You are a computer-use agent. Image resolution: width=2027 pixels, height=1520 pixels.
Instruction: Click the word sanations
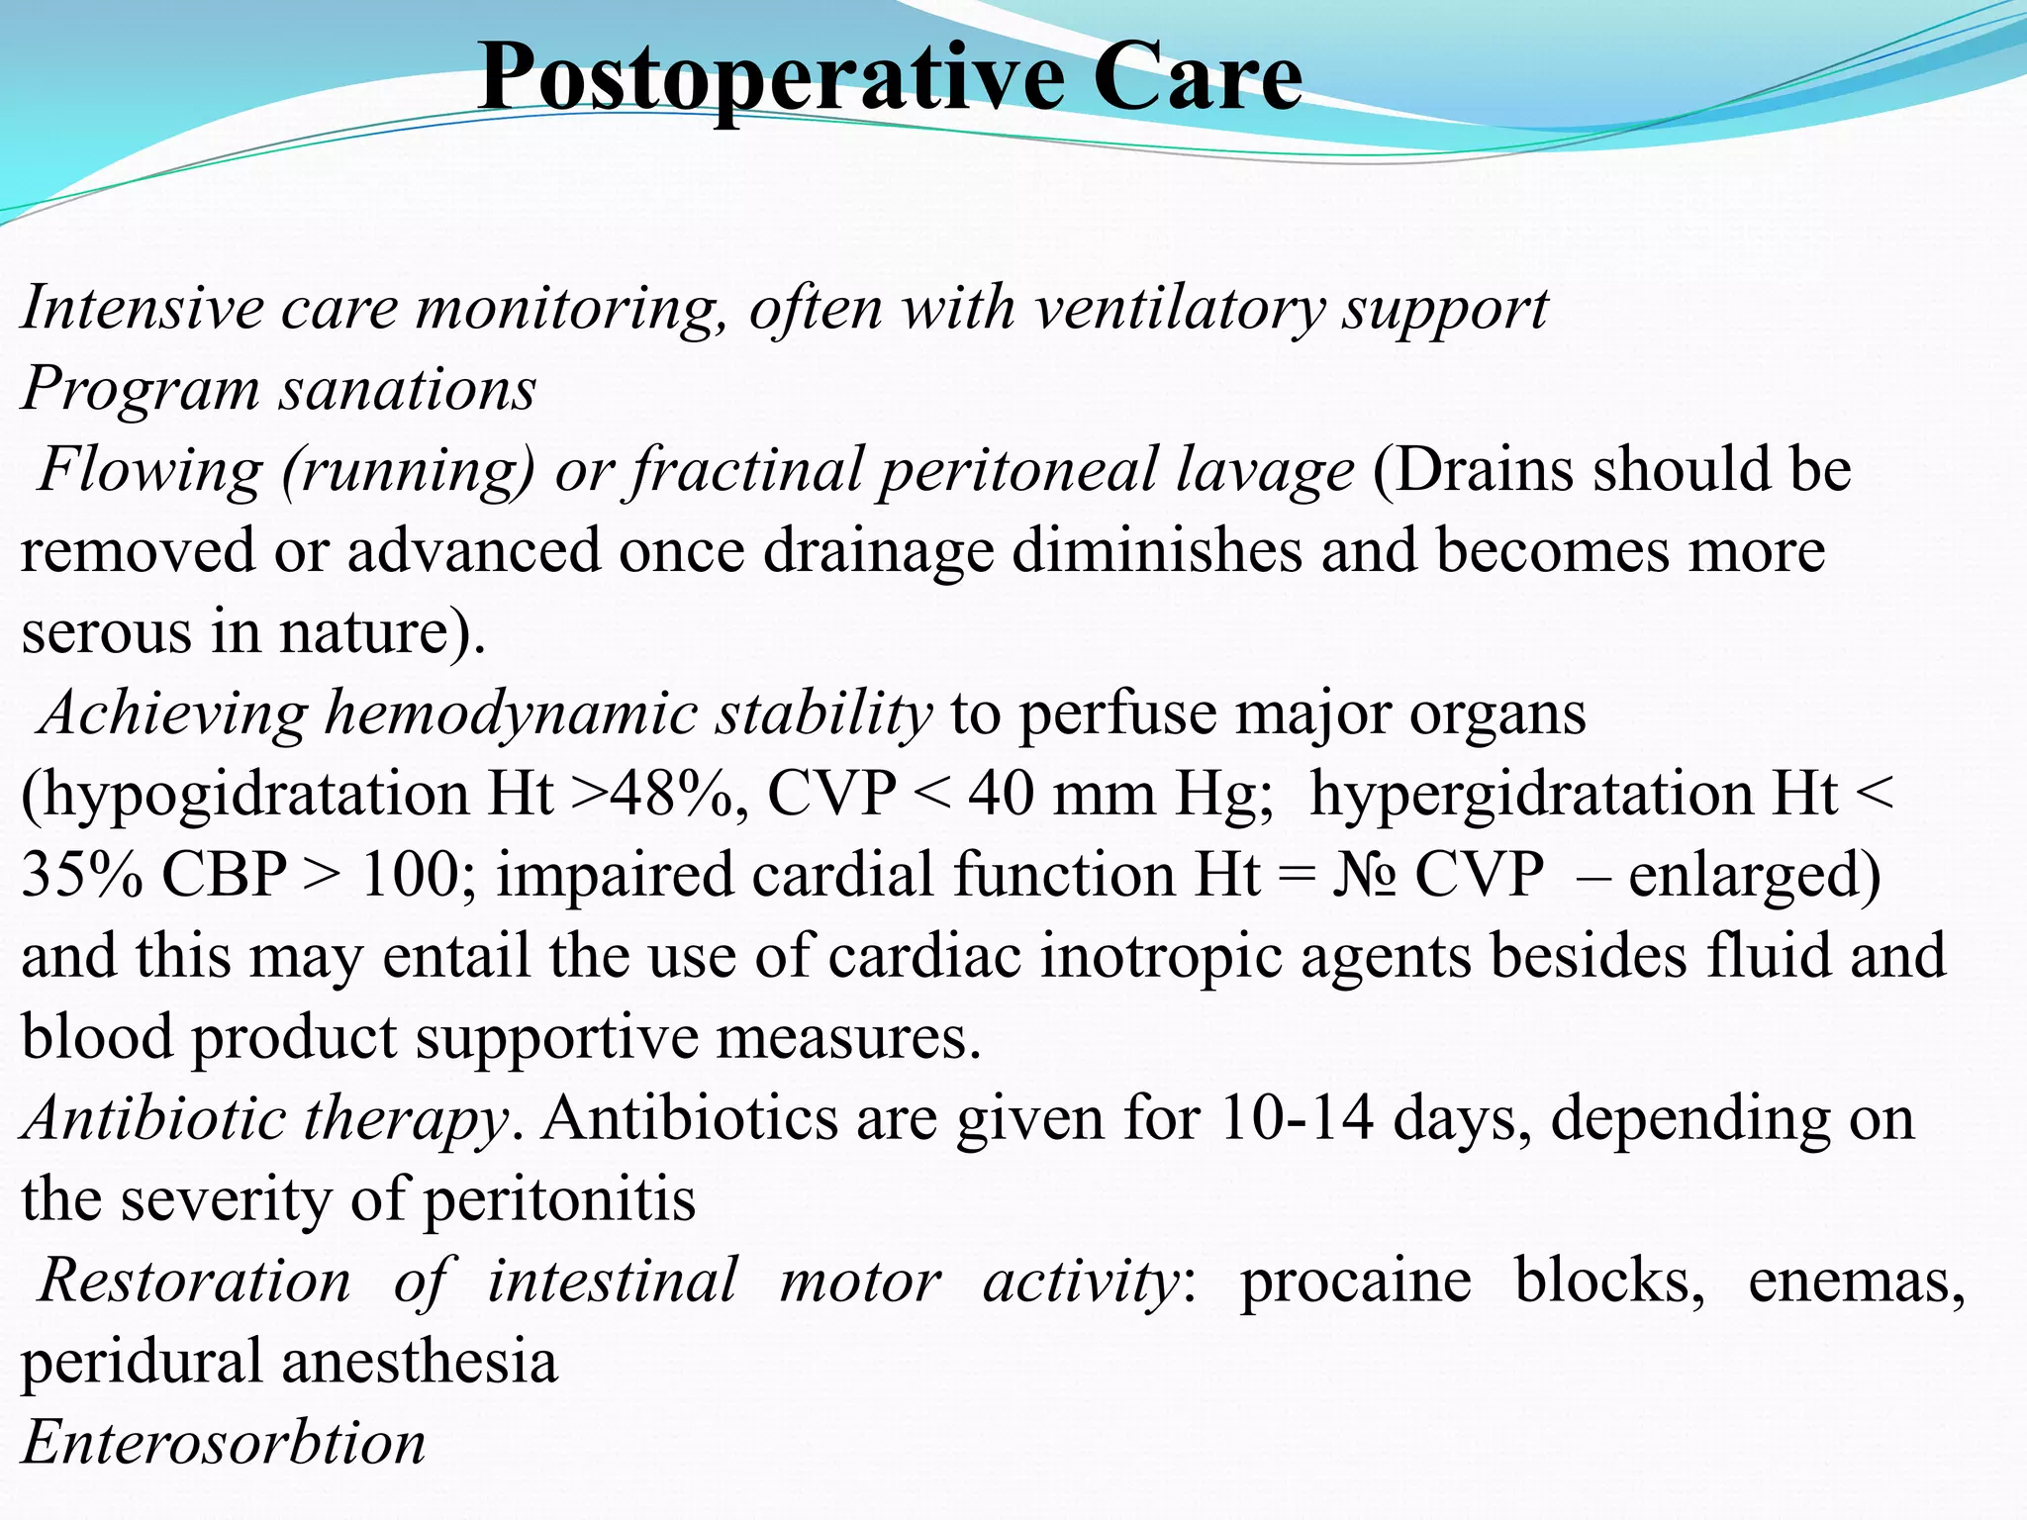(x=407, y=388)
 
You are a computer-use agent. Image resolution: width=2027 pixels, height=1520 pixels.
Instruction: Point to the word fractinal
(x=746, y=469)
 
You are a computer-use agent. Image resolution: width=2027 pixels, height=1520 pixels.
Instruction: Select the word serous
(x=106, y=632)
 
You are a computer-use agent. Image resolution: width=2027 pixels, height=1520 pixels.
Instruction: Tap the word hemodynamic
(x=511, y=712)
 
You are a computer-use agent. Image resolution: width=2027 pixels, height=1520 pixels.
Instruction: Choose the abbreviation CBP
(x=224, y=875)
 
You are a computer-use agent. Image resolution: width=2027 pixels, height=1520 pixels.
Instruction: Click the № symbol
(x=1363, y=875)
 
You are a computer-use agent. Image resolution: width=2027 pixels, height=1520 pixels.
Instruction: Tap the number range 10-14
(x=1298, y=1118)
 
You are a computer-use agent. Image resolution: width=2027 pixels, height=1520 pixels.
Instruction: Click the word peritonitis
(x=559, y=1200)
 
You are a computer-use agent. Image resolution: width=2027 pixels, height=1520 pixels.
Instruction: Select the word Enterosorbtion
(x=224, y=1443)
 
